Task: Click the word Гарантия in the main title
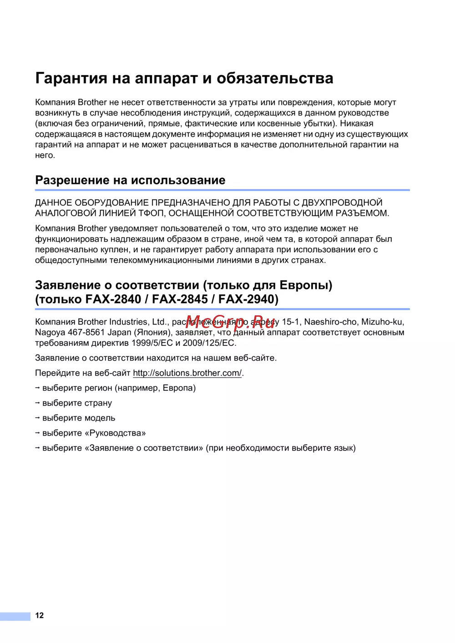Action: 71,78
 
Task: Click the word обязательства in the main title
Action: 275,78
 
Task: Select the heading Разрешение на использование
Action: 130,180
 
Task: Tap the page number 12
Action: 40,615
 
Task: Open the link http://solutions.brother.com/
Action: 187,373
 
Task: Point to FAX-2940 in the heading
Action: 248,299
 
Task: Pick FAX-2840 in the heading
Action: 113,299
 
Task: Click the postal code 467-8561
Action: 86,333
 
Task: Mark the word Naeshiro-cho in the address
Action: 330,322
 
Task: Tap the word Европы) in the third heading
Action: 305,285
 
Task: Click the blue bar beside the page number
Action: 15,616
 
